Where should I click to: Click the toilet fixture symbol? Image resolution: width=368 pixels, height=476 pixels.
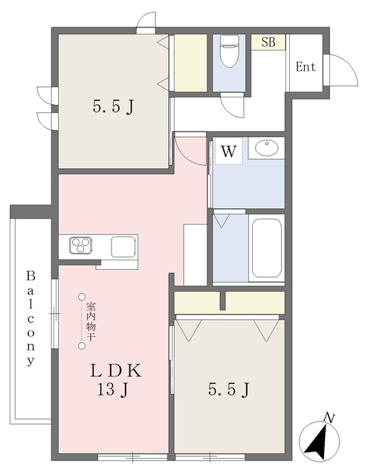[x=229, y=51]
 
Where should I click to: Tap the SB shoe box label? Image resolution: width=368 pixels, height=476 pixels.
[x=268, y=42]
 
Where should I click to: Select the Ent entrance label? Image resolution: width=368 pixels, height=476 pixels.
[x=306, y=67]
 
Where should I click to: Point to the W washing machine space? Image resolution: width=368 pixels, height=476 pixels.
[x=228, y=151]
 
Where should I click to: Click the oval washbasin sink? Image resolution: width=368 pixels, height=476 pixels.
[x=267, y=148]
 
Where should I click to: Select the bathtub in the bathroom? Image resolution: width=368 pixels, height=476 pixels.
[x=267, y=248]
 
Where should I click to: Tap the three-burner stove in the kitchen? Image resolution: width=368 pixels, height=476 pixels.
[x=81, y=245]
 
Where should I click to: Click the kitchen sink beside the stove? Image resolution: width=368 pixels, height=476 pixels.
[x=123, y=246]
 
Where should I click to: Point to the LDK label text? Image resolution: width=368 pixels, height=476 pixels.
[x=116, y=370]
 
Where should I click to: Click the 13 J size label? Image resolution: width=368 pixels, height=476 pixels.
[x=113, y=390]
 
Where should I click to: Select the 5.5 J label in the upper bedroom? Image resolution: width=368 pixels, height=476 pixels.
[x=113, y=106]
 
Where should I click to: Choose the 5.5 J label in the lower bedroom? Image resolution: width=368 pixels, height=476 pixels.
[x=229, y=390]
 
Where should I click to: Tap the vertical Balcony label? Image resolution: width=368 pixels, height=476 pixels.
[x=30, y=318]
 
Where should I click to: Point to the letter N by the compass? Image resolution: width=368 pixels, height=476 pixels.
[x=329, y=418]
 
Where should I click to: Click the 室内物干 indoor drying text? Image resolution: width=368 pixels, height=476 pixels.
[x=91, y=321]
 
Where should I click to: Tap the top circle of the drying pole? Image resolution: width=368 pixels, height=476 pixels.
[x=81, y=297]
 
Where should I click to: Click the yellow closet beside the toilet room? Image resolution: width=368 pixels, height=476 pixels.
[x=190, y=62]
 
